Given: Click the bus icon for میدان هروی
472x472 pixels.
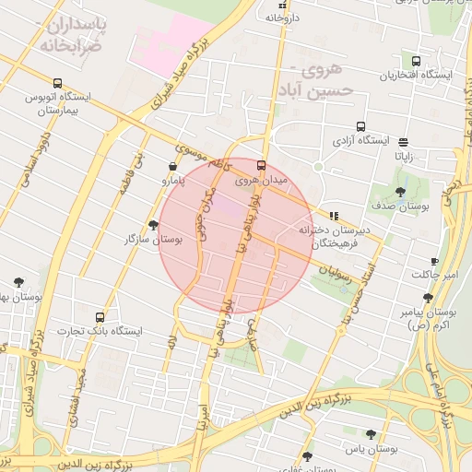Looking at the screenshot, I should pyautogui.click(x=261, y=166).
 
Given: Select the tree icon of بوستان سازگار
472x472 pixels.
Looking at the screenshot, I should pyautogui.click(x=153, y=225).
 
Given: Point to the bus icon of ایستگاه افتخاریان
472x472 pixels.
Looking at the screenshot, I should pyautogui.click(x=417, y=61).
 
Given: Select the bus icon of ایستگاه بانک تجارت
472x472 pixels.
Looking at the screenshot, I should pyautogui.click(x=100, y=318).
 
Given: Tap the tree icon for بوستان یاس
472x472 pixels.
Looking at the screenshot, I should pyautogui.click(x=370, y=434).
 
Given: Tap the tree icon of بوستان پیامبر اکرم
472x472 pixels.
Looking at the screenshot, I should pyautogui.click(x=428, y=297).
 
